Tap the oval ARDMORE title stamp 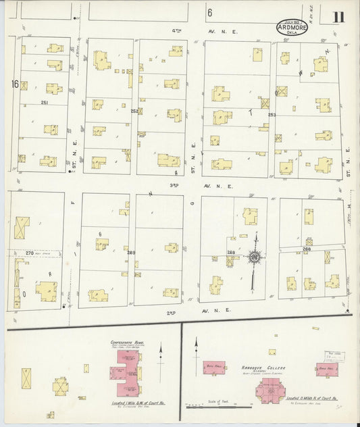[293, 28]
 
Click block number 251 [45, 102]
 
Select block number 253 [272, 115]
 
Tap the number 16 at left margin [15, 84]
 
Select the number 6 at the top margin [210, 13]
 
